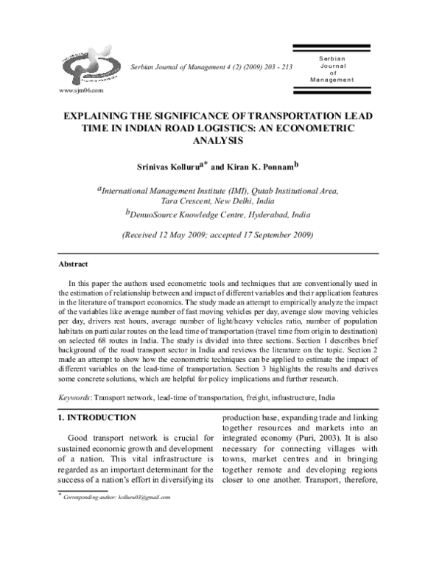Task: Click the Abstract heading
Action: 73,264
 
